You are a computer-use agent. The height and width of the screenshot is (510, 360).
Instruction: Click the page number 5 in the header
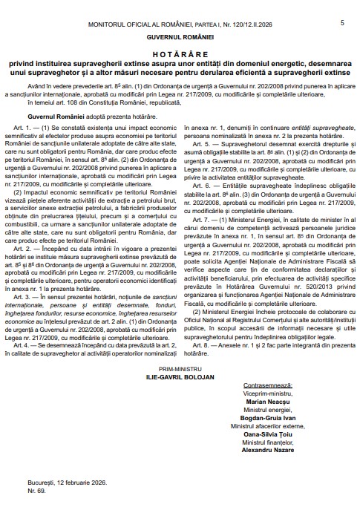tap(342, 23)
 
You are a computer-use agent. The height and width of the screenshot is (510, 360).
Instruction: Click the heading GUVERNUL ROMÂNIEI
tap(180, 36)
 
